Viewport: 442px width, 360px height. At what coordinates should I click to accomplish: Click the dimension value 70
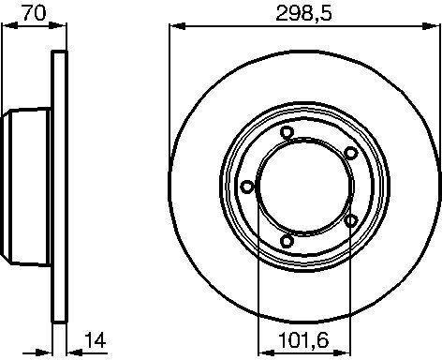(x=35, y=12)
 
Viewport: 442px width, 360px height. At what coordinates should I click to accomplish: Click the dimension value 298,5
(x=304, y=13)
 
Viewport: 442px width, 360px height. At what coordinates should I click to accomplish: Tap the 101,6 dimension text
(x=303, y=340)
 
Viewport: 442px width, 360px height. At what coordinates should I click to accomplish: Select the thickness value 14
(x=96, y=340)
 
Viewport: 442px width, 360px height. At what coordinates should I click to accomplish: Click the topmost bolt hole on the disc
(x=287, y=132)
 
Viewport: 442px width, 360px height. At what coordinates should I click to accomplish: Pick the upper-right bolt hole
(x=351, y=153)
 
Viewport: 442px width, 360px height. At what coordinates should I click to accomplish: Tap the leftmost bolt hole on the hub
(x=247, y=187)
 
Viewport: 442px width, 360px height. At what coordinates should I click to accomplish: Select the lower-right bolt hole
(x=351, y=221)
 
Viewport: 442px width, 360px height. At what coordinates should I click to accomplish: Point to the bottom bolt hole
(x=287, y=241)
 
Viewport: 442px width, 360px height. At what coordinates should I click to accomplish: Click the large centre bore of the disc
(x=304, y=187)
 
